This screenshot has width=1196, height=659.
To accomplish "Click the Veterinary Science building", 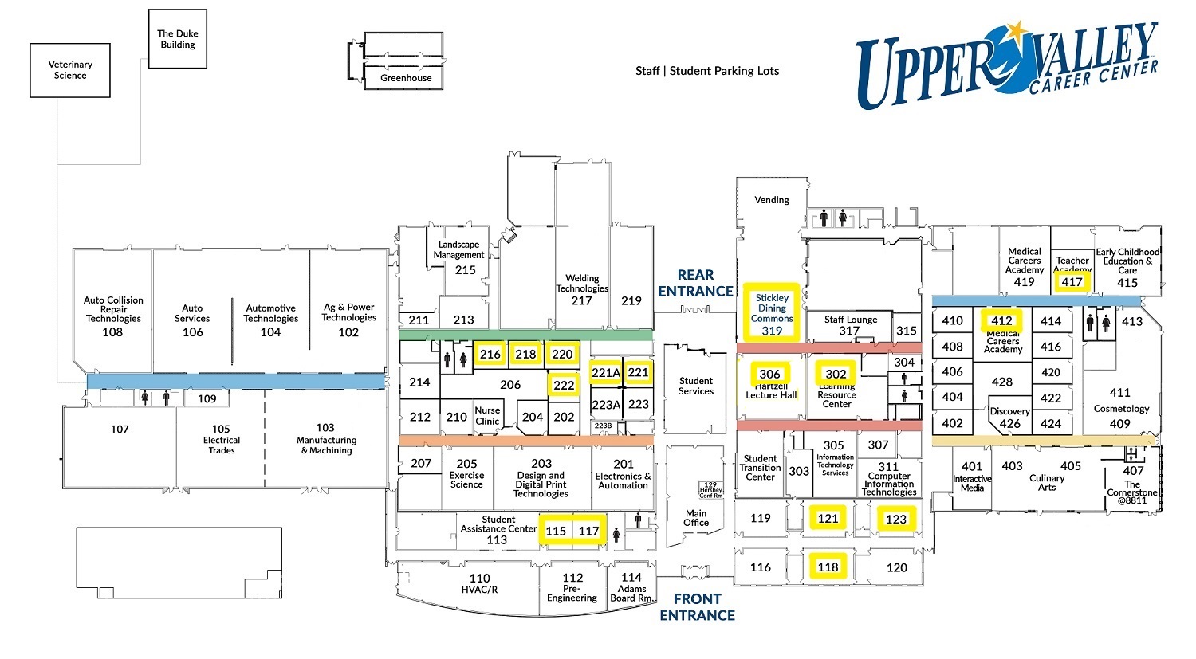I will pos(70,70).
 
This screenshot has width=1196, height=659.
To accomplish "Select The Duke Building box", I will pos(177,39).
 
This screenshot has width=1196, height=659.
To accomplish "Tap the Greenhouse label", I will pos(406,78).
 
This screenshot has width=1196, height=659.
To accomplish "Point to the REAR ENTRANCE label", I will pos(695,283).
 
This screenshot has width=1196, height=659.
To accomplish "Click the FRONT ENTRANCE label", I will pos(697,606).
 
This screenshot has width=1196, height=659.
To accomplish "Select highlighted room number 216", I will pos(490,355).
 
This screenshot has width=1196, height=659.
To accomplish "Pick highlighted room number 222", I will pos(564,385).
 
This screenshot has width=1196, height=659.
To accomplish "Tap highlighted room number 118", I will pos(828,567).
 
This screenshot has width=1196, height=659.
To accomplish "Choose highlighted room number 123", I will pos(896,519).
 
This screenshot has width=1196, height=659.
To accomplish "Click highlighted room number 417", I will pos(1072,281).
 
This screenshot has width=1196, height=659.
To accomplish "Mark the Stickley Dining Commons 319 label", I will pos(771,313).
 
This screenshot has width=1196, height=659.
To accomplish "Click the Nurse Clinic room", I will pos(487,415).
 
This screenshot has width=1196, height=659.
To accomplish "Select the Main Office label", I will pos(696,518).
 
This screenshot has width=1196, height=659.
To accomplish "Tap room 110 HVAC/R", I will pos(479,583).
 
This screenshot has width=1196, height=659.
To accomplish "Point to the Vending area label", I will pos(771,200).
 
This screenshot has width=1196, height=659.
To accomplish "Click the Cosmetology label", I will pos(1121,408).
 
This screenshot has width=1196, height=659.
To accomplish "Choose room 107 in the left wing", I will pos(120,430).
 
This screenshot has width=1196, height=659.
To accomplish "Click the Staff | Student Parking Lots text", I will pos(707,71).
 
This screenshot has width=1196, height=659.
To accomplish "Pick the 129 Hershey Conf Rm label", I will pos(711,489).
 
